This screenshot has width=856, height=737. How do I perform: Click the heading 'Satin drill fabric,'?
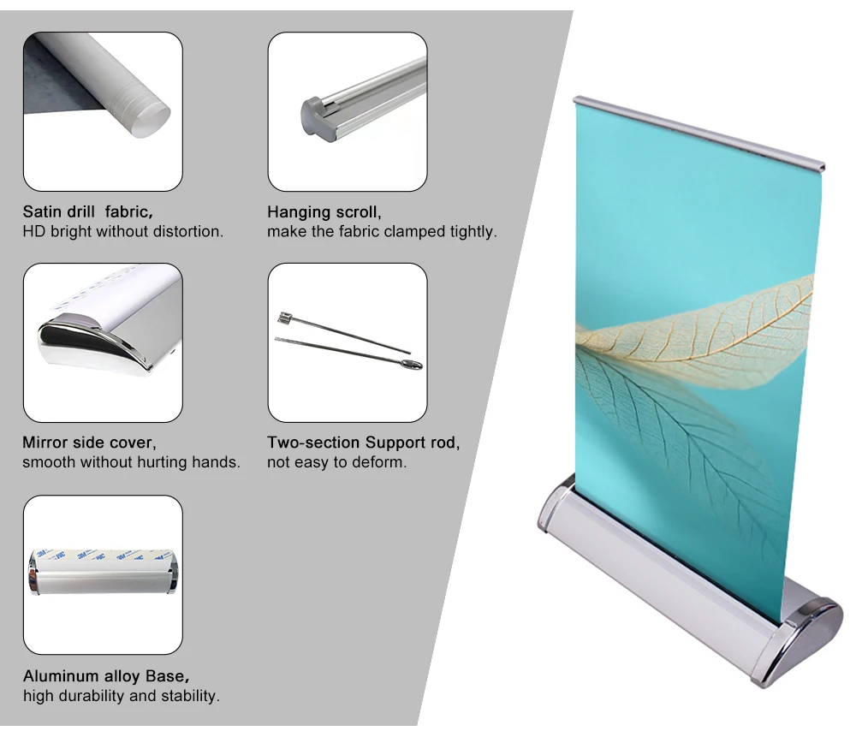(87, 211)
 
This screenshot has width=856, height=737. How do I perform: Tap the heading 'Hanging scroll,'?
(324, 211)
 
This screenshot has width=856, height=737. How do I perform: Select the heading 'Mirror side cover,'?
(89, 443)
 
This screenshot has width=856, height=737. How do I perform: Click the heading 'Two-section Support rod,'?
(363, 443)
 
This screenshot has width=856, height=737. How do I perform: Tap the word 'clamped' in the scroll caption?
(415, 231)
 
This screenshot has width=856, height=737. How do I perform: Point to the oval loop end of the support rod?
(412, 365)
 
